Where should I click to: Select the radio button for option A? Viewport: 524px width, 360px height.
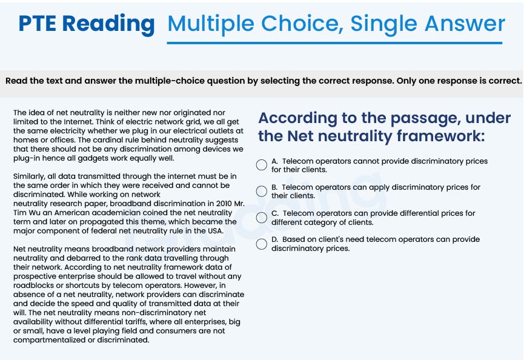pyautogui.click(x=262, y=165)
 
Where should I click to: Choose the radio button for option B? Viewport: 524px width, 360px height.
pyautogui.click(x=262, y=192)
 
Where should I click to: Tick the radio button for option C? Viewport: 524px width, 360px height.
pyautogui.click(x=262, y=218)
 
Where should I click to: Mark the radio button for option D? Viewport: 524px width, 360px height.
pyautogui.click(x=262, y=244)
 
